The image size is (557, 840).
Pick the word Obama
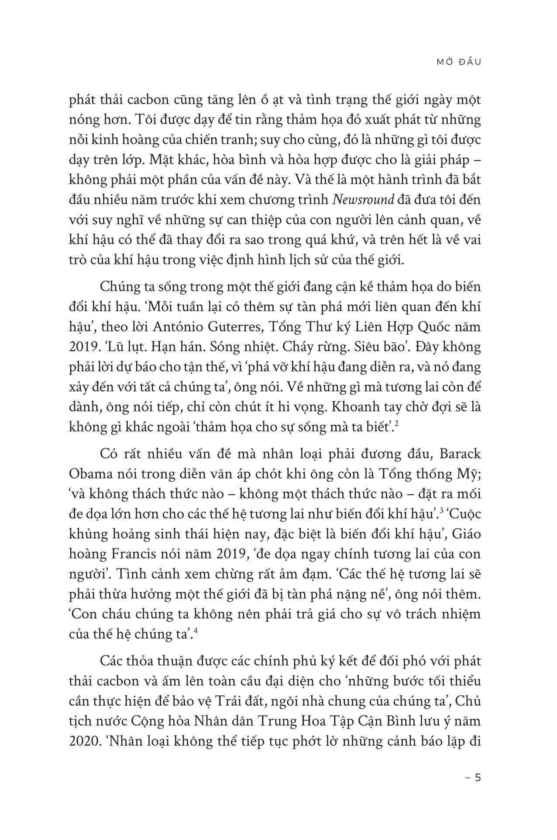click(89, 474)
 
